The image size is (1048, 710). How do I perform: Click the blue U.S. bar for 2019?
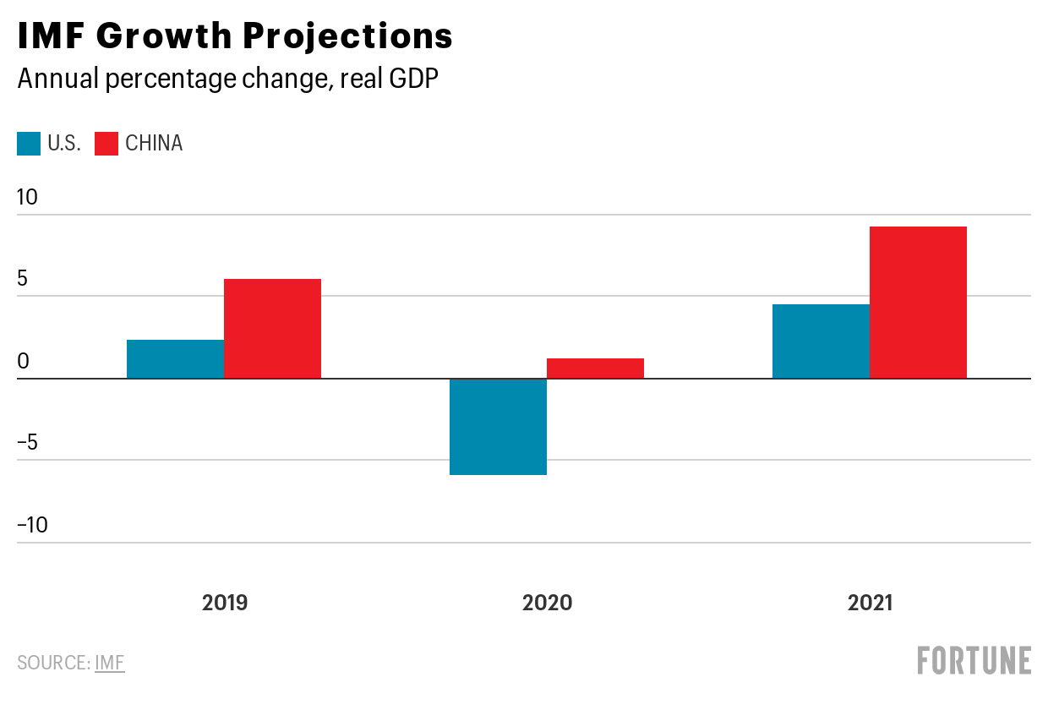176,359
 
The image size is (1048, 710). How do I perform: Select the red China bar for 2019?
273,329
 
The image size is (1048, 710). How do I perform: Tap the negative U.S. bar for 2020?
499,427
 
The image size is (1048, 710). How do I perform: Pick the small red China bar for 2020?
596,369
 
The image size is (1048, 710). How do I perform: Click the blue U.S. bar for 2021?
821,341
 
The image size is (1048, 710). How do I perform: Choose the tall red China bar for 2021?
919,303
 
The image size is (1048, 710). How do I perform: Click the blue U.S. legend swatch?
29,144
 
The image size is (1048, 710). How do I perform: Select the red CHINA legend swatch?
106,144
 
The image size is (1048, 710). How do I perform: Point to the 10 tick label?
27,197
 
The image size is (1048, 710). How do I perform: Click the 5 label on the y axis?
23,278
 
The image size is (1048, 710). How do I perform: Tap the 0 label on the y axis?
23,361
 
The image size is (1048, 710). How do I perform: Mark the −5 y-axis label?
27,442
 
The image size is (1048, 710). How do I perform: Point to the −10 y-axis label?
32,525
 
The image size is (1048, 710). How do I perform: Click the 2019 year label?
225,603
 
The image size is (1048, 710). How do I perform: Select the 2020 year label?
547,603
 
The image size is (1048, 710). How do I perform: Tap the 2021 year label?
871,603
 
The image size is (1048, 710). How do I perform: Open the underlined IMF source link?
110,663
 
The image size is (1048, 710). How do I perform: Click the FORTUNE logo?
974,660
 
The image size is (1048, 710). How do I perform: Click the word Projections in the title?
347,36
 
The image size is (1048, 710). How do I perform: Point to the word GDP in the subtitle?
413,78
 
